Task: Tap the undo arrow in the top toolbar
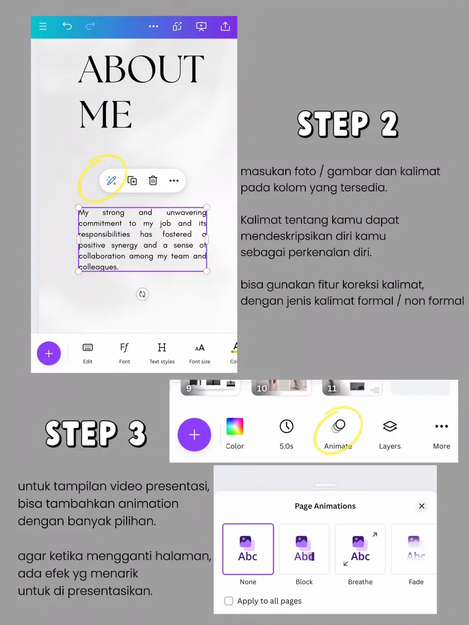click(67, 26)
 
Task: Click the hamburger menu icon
click(43, 26)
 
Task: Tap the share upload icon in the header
click(225, 26)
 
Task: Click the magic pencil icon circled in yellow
click(111, 181)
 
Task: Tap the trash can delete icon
click(153, 181)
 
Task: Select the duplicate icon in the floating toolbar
click(132, 181)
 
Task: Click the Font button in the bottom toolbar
click(125, 354)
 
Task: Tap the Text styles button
click(162, 354)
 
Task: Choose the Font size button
click(200, 354)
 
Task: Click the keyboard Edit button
click(88, 354)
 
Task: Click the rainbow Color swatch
click(234, 426)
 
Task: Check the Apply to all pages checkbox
click(229, 601)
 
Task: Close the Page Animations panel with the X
click(422, 506)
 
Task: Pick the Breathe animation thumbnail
click(360, 549)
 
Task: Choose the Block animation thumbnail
click(304, 549)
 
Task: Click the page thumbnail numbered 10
click(281, 387)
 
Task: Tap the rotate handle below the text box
click(142, 294)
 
